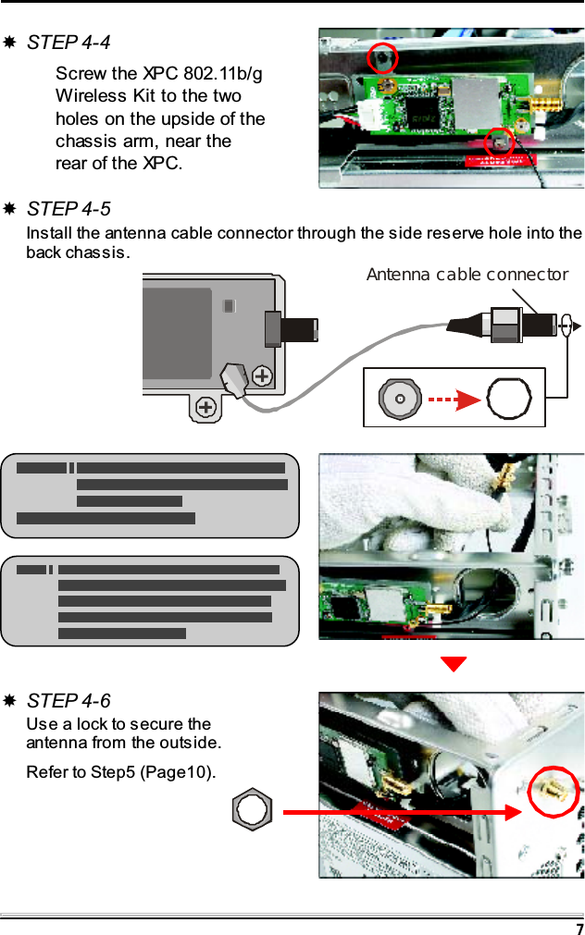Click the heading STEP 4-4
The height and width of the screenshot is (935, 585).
(68, 43)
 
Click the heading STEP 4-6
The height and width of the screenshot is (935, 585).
(68, 701)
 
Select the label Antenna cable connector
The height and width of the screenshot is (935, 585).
(467, 275)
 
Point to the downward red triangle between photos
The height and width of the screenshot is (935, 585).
(454, 664)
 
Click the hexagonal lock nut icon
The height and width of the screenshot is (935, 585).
(252, 811)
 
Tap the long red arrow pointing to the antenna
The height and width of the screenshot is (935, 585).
(398, 812)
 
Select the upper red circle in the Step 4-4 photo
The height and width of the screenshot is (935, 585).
(381, 58)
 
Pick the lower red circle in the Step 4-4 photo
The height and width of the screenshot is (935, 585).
(499, 141)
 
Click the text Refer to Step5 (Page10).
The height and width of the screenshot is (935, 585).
(121, 772)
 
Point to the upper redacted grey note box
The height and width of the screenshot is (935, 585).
(150, 495)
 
